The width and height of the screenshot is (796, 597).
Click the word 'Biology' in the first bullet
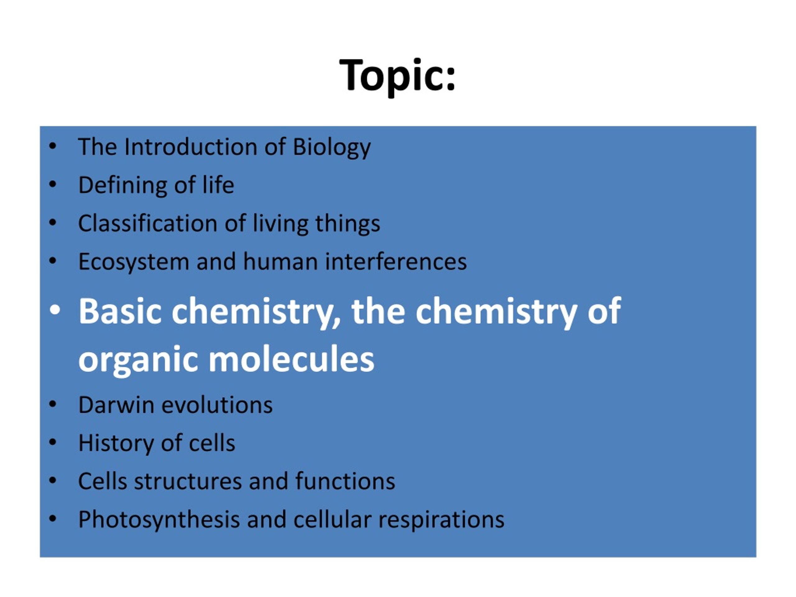331,148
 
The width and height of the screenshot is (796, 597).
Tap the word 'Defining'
122,186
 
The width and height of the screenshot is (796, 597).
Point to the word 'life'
218,185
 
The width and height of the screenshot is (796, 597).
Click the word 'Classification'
148,224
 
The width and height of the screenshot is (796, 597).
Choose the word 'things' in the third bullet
348,224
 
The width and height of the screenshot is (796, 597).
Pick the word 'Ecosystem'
134,262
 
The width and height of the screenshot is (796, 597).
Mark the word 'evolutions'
217,405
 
